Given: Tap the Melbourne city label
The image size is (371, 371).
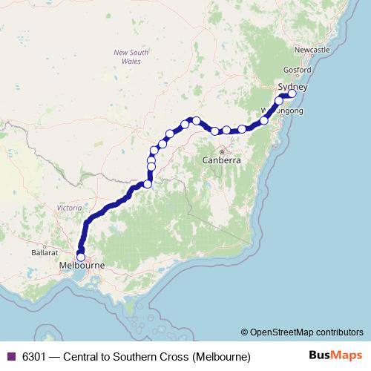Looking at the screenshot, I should click(82, 265).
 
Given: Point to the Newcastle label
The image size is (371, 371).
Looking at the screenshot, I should click(312, 49).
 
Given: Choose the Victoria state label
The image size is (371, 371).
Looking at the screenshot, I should click(70, 209).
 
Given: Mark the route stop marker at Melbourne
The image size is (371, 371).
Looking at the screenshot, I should click(81, 257).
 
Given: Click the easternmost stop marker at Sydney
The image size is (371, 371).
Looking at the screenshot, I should click(292, 93).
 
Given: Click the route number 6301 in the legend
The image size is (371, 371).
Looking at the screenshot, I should click(36, 356).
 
